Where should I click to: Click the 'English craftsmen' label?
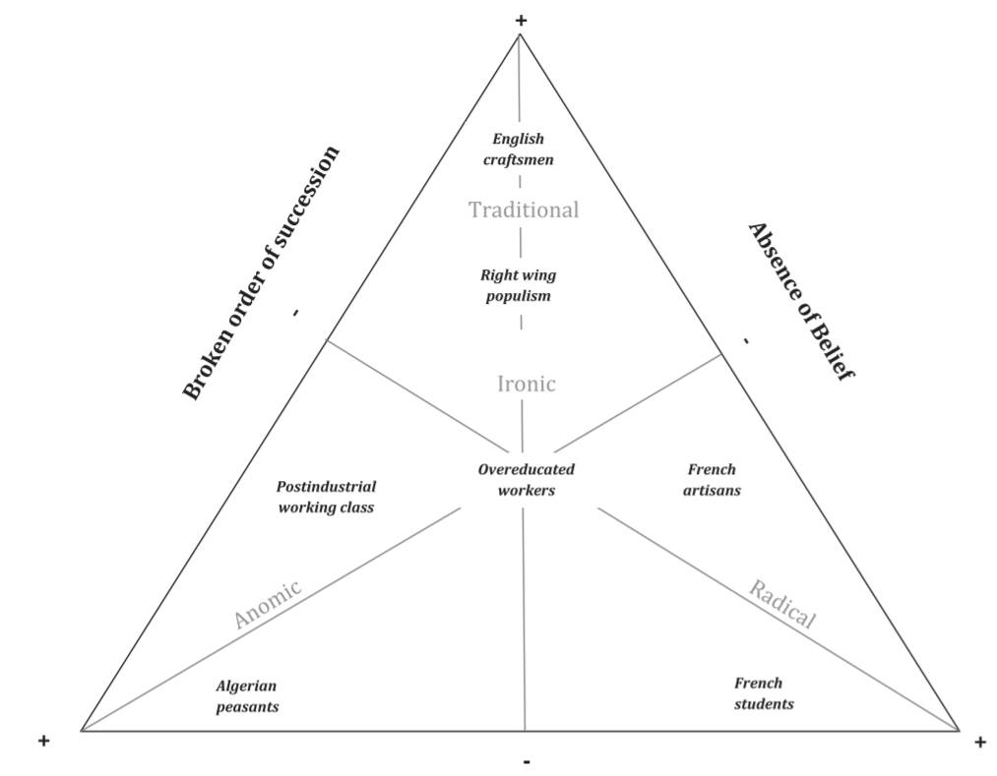click(x=519, y=149)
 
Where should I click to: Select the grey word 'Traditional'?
click(x=524, y=209)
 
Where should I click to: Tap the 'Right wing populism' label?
click(x=519, y=285)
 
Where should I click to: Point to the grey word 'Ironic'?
click(x=527, y=384)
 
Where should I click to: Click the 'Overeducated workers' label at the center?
click(x=527, y=479)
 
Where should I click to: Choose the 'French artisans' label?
click(x=712, y=479)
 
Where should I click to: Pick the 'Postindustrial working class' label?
click(x=326, y=497)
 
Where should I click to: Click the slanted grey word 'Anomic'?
click(x=267, y=604)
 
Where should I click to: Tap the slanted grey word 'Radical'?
click(x=782, y=604)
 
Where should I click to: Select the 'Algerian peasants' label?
click(x=247, y=695)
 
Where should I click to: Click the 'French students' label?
click(x=763, y=693)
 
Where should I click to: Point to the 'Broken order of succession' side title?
click(x=262, y=272)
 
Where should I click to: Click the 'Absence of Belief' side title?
click(x=800, y=300)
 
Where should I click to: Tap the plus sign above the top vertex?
click(x=521, y=20)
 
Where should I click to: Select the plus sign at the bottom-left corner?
click(x=43, y=741)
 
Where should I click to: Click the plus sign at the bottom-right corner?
click(x=979, y=743)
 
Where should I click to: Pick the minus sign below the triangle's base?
click(x=528, y=761)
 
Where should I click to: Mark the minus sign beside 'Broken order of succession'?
click(x=295, y=313)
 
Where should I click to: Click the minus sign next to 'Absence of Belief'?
click(x=746, y=341)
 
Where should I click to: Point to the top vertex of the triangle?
click(x=520, y=34)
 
